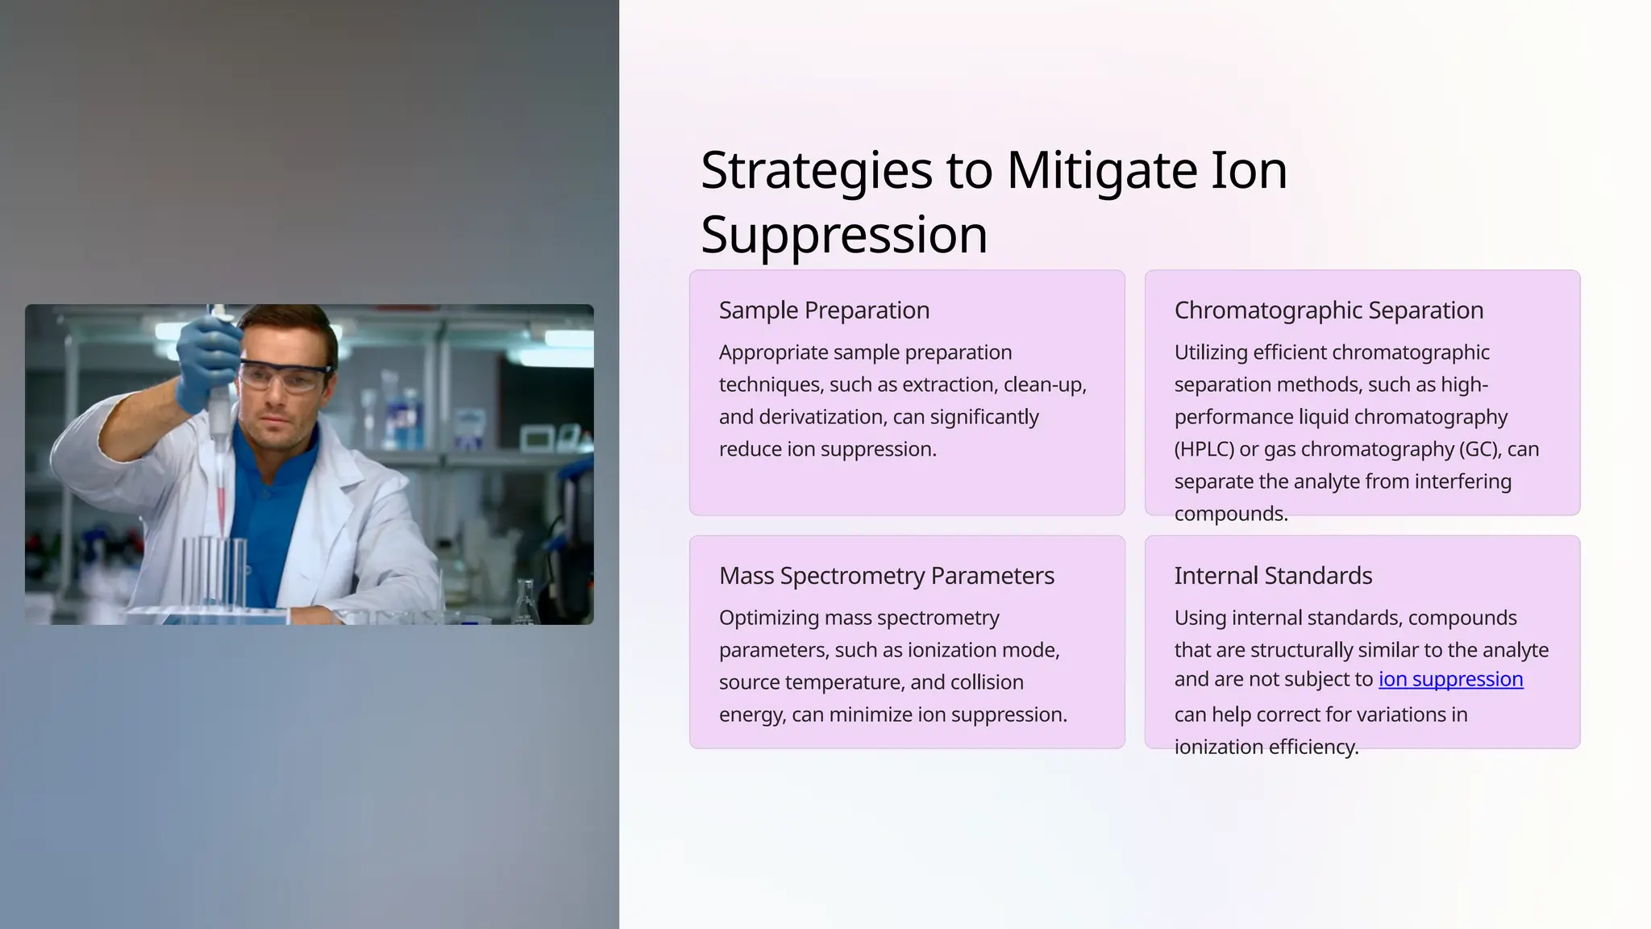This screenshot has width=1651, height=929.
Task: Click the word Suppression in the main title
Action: click(843, 235)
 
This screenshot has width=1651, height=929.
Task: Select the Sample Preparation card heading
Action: click(824, 310)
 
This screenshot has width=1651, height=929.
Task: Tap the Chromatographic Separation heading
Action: click(1328, 310)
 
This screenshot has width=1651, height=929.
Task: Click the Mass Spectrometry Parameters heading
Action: click(886, 576)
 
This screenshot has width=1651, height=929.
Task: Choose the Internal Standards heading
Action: click(1272, 576)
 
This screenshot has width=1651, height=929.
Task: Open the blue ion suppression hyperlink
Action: click(1450, 680)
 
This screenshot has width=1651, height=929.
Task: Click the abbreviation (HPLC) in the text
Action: click(1204, 449)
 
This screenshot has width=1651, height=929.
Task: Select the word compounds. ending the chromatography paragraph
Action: click(1230, 514)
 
